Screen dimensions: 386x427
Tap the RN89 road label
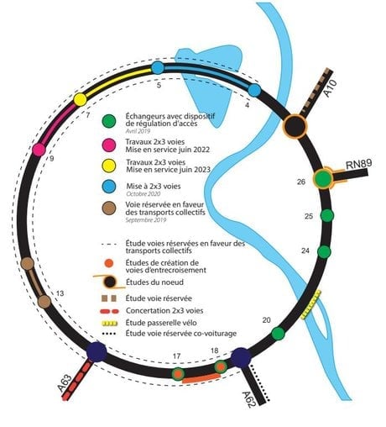tap(359, 164)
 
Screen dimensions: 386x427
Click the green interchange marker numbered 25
tap(326, 215)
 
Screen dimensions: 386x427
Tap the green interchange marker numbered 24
tap(324, 251)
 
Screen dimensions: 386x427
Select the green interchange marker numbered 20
tap(278, 334)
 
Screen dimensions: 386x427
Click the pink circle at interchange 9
tap(39, 150)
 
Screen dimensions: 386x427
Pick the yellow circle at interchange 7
tap(81, 99)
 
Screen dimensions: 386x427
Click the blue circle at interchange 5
tap(158, 68)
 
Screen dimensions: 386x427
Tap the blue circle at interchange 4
tap(254, 90)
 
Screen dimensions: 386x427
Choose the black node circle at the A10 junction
tap(295, 126)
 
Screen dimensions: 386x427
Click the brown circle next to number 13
tap(44, 302)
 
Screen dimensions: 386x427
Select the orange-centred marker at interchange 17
tap(177, 374)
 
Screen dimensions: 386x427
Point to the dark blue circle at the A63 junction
tap(96, 352)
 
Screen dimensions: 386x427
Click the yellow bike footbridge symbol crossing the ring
tap(311, 305)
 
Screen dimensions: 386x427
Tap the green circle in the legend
tap(109, 121)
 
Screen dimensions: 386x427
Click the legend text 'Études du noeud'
tap(154, 282)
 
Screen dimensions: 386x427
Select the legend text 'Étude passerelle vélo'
tap(161, 323)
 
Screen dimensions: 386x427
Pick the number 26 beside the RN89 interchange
tap(301, 182)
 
